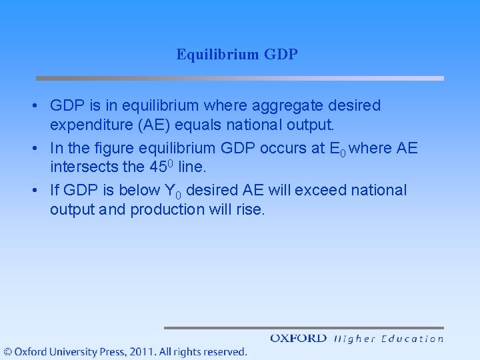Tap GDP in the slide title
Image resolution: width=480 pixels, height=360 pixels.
281,55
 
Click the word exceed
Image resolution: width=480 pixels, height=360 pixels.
320,190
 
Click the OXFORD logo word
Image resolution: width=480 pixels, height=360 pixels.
298,339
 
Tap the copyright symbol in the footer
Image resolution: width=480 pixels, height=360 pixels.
7,351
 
